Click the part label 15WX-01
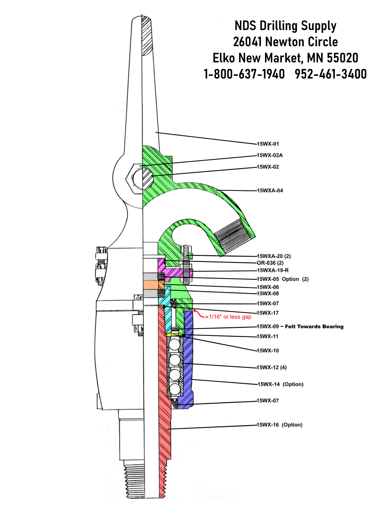click(268, 144)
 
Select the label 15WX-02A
click(270, 155)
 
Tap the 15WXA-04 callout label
click(270, 191)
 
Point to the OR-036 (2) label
click(270, 263)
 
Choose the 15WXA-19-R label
click(273, 270)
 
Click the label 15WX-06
click(268, 287)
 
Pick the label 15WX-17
click(268, 313)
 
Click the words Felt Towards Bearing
click(314, 326)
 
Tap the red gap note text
click(228, 317)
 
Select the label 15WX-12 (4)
click(272, 367)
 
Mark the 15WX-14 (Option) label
click(280, 384)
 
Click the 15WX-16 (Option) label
click(279, 425)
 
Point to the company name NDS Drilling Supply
click(285, 26)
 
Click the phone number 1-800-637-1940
click(244, 74)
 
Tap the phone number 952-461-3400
click(331, 74)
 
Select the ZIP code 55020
click(342, 58)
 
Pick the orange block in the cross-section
click(151, 285)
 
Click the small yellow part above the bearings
click(172, 335)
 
